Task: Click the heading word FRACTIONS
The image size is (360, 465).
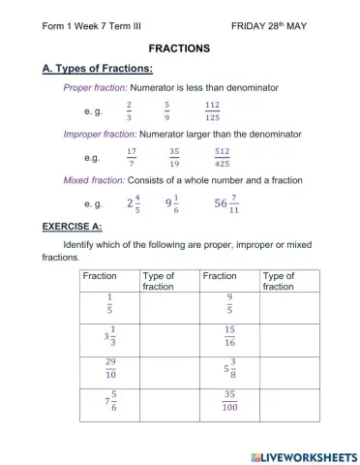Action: (x=179, y=47)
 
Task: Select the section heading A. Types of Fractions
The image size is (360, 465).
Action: (x=98, y=69)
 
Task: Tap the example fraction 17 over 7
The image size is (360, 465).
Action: (x=131, y=157)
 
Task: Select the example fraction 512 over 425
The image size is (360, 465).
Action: (x=223, y=157)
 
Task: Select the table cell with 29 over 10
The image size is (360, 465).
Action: (x=109, y=369)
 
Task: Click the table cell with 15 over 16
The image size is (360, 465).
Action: (x=229, y=336)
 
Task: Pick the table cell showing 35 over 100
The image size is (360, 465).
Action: (x=229, y=401)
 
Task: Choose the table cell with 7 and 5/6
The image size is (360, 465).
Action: (x=109, y=401)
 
